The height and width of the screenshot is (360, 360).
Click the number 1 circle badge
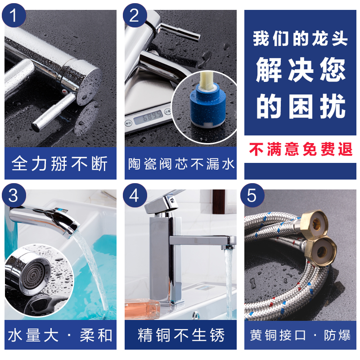click(14, 15)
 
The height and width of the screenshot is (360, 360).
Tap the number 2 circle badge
click(135, 15)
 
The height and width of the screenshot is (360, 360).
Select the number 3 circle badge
click(14, 195)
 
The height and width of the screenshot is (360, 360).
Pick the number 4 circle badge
click(135, 195)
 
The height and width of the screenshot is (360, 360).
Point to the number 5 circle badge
click(252, 195)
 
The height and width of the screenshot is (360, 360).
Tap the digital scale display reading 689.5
click(148, 117)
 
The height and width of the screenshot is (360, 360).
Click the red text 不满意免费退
click(300, 149)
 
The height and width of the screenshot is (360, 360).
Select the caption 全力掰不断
click(60, 163)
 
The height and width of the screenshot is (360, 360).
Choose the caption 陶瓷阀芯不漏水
click(181, 164)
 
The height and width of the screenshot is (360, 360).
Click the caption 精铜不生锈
click(181, 335)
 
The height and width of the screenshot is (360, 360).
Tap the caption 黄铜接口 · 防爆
click(300, 335)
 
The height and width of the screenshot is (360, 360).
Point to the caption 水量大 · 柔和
click(60, 335)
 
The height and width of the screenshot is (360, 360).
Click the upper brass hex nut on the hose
click(315, 222)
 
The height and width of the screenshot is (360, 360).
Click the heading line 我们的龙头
click(300, 39)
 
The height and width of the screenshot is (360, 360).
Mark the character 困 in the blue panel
click(301, 107)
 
